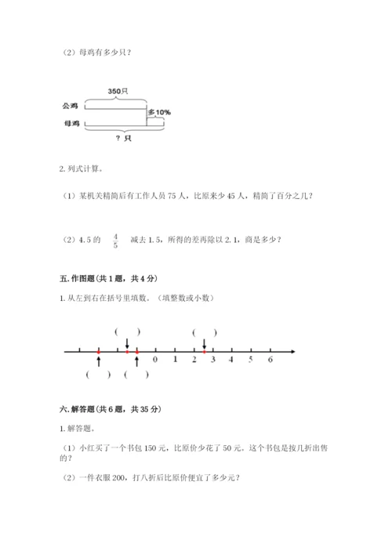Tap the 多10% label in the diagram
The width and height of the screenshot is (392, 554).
coord(160,113)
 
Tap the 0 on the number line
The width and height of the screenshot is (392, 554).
coord(155,360)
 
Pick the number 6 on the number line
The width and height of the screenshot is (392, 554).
coord(270,360)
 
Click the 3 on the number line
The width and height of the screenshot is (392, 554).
coord(212,360)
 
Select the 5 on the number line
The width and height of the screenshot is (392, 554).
coord(251,360)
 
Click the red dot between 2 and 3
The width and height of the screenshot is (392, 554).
coord(204,353)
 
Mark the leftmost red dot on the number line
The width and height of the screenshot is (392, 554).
coord(99,353)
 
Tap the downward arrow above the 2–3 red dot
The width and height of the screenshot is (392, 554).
coord(204,343)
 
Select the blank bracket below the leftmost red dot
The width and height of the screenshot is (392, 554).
coord(99,375)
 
